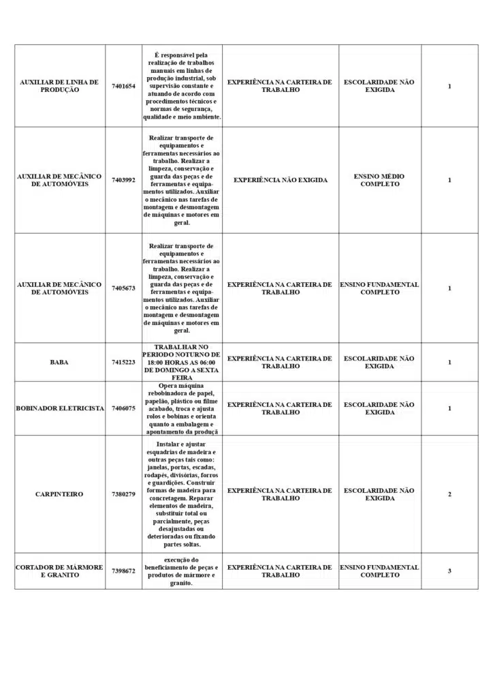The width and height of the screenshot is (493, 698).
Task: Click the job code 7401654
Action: tap(123, 86)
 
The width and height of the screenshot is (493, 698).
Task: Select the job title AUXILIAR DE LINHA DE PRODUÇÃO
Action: tap(59, 86)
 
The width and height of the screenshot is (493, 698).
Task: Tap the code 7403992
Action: tap(123, 180)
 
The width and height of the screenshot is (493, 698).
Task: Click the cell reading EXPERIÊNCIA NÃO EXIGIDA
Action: tap(280, 180)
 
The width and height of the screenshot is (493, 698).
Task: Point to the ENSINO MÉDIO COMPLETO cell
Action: tap(379, 180)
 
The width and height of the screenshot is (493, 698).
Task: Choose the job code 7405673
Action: tap(123, 288)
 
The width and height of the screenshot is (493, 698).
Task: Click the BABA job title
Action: tap(59, 362)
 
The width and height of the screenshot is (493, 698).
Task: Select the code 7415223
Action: tap(123, 362)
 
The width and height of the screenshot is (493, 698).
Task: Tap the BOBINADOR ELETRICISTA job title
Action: tap(59, 408)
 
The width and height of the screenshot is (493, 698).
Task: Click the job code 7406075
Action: tap(123, 408)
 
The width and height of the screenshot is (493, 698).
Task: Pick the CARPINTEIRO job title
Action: tap(59, 494)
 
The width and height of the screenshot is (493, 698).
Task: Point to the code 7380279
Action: tap(123, 494)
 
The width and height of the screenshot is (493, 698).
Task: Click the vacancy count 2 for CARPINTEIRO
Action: tap(449, 494)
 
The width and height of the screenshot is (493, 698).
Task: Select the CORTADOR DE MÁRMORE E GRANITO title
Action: tap(59, 571)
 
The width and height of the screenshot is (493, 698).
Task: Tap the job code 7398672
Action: tap(123, 571)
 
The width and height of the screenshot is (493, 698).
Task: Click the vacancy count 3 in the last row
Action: tap(449, 571)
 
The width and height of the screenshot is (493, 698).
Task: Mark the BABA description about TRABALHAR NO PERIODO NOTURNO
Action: tap(182, 362)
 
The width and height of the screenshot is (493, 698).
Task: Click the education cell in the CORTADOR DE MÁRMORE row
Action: tap(379, 571)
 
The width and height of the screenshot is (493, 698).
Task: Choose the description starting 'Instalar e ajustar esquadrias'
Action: tap(182, 494)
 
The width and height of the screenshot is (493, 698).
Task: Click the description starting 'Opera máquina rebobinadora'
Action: tap(182, 408)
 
